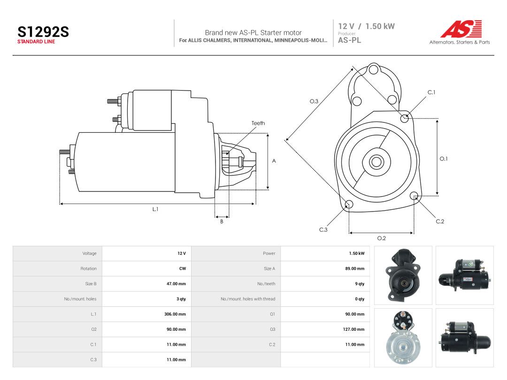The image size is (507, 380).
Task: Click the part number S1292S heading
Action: [x=43, y=32]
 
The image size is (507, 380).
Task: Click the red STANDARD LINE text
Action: [x=36, y=42]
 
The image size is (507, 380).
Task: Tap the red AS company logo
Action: [x=461, y=29]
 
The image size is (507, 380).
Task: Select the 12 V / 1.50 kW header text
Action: [x=366, y=26]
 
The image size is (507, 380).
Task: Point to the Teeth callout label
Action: [x=258, y=123]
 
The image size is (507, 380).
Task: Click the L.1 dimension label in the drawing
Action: [x=155, y=209]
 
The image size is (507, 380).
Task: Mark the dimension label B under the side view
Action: [x=222, y=221]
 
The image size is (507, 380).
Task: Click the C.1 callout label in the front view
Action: [x=431, y=92]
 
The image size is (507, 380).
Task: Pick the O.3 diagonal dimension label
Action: [x=314, y=101]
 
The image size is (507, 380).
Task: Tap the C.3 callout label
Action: [x=323, y=230]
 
